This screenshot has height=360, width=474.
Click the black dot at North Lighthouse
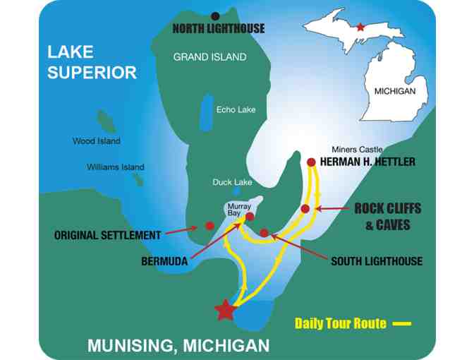215,16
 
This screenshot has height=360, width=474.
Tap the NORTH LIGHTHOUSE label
219,29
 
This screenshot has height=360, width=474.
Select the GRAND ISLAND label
210,56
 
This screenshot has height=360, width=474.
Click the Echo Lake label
236,110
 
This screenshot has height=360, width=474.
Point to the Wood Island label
97,141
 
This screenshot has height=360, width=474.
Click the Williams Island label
116,167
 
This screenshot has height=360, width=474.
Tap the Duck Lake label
232,182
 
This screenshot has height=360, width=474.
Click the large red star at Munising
225,310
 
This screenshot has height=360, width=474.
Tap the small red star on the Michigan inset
361,27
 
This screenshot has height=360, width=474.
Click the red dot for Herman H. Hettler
311,162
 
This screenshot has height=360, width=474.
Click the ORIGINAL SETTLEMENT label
107,235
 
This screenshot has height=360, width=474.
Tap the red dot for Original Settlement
209,226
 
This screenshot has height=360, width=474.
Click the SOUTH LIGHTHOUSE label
377,261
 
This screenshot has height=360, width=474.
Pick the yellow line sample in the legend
401,323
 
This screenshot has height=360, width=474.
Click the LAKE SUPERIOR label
92,61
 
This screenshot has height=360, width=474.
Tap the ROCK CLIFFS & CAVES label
387,217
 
